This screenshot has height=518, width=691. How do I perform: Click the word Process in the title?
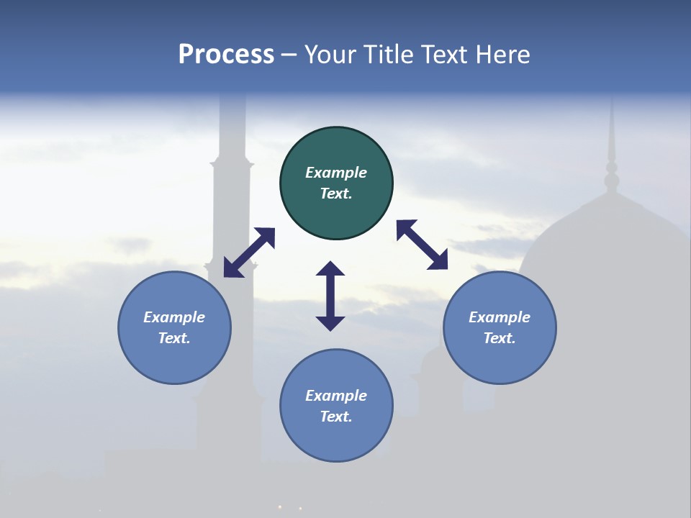coord(226,55)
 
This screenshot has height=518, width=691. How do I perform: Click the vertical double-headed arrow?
coord(330,296)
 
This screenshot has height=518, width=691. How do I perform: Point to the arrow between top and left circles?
coord(249,253)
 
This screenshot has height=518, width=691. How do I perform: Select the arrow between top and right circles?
coord(422,245)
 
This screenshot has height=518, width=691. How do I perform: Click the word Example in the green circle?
coord(336,173)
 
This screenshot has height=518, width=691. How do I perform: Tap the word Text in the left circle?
coord(174,338)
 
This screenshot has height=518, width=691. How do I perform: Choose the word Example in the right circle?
coord(500,317)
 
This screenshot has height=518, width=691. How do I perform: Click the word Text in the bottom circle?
coord(336,417)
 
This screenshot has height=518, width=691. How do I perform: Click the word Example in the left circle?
coord(174,317)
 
